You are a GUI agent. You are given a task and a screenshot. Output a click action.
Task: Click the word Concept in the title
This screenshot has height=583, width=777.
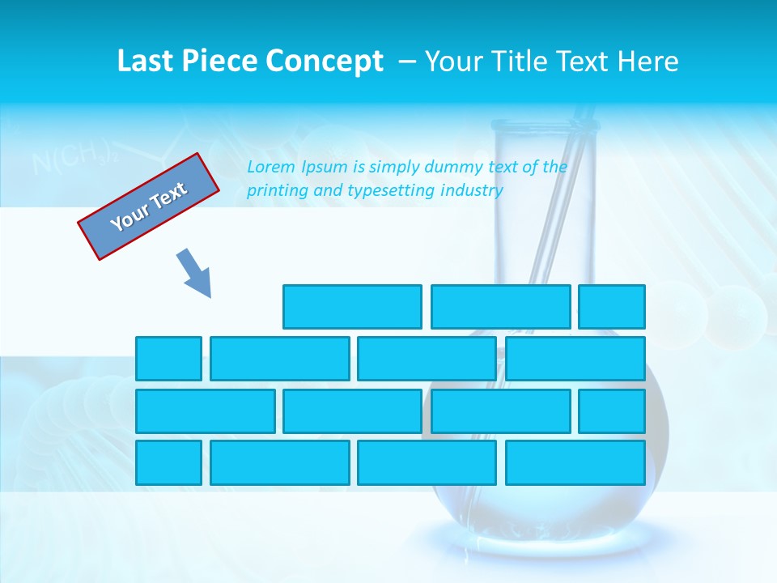(325, 62)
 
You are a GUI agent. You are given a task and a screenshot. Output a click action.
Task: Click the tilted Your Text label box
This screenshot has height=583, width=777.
(149, 206)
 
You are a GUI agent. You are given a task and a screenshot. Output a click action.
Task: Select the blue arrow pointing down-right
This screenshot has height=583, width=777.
(194, 273)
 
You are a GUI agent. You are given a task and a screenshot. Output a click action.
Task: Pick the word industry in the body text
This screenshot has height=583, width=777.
(472, 191)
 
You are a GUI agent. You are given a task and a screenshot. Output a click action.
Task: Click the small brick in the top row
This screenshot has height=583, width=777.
(612, 307)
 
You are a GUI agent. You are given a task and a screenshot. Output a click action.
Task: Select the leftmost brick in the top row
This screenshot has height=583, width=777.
(352, 307)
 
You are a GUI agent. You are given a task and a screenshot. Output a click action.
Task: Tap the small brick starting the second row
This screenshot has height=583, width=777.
(168, 359)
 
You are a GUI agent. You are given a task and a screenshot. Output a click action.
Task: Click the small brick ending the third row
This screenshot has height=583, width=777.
(612, 411)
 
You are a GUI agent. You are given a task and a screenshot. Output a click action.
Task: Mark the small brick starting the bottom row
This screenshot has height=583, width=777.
(168, 463)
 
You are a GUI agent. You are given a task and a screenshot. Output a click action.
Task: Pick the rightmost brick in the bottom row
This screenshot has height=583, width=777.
(575, 463)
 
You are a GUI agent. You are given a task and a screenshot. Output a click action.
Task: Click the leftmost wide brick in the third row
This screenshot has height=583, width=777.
(206, 411)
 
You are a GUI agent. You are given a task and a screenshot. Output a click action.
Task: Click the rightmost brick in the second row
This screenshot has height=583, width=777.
(575, 359)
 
